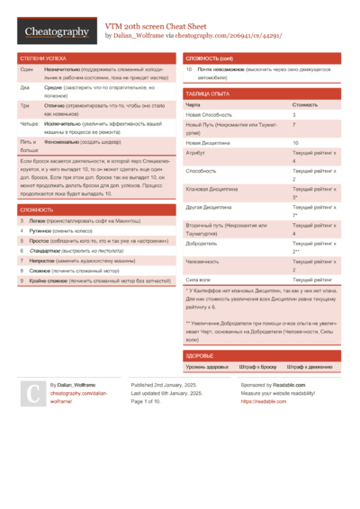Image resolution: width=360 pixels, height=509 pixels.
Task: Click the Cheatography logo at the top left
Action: tap(56, 31)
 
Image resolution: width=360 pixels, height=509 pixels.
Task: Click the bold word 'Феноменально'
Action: tap(62, 141)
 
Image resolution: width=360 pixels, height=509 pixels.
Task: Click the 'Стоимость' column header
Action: tap(305, 104)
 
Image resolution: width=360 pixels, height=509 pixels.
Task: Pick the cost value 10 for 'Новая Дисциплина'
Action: tap(296, 143)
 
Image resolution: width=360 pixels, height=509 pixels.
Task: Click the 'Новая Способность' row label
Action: tap(209, 115)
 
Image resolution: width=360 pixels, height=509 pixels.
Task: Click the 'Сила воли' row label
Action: tap(199, 281)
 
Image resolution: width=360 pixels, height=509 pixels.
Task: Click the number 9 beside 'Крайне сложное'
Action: tap(22, 281)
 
